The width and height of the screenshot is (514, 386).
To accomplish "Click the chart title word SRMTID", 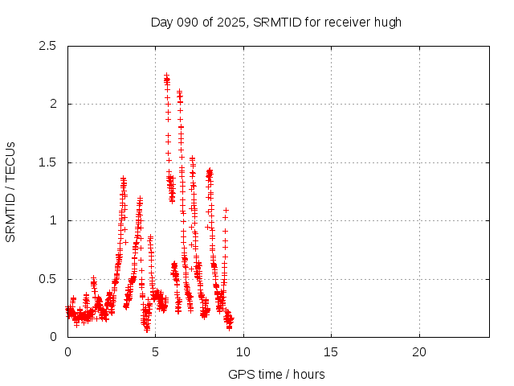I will tap(276, 22).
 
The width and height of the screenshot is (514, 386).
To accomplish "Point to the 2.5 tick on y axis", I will tap(49, 46).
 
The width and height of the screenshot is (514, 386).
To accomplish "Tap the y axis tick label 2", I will tap(53, 104).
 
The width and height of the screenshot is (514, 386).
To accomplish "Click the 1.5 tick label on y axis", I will tap(49, 162).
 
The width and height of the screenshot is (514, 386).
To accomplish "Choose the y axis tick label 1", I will tap(53, 220).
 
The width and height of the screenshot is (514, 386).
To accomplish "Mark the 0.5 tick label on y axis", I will tap(49, 279).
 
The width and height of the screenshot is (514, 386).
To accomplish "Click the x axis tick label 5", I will tap(155, 352).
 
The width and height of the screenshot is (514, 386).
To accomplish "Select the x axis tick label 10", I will tap(243, 352).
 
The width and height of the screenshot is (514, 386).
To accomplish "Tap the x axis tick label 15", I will tap(331, 352).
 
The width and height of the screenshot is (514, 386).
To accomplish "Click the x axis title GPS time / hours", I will tap(276, 374).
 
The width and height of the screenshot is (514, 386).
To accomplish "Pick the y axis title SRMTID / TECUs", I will tap(11, 191).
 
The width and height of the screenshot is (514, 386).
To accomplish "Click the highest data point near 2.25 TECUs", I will tap(166, 75).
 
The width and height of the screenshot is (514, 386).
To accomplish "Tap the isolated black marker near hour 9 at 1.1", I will tap(226, 210).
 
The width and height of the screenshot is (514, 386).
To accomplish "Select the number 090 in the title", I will tap(189, 22).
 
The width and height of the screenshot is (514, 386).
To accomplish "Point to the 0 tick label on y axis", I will tap(53, 337).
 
